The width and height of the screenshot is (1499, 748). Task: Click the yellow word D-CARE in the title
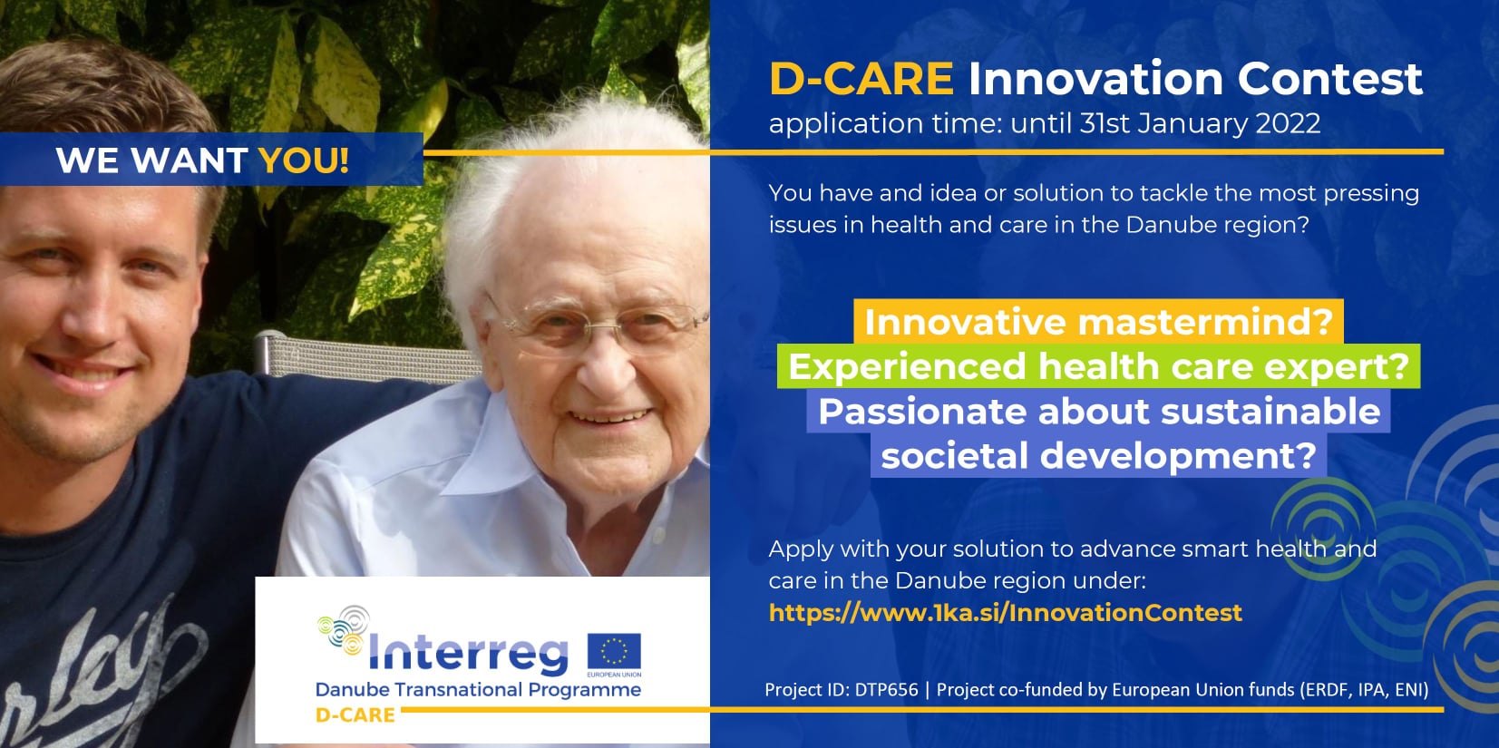click(861, 79)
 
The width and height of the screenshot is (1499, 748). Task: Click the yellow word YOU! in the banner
click(304, 160)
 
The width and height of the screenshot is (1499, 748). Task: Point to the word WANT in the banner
click(190, 160)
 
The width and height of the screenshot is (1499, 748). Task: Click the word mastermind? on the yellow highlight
click(1207, 322)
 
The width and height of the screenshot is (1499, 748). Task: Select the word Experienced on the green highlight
click(907, 367)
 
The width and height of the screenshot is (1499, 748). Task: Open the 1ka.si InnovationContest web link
click(1005, 613)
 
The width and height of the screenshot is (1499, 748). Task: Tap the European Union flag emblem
click(614, 652)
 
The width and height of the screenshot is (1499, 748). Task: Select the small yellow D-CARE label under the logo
click(355, 715)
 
